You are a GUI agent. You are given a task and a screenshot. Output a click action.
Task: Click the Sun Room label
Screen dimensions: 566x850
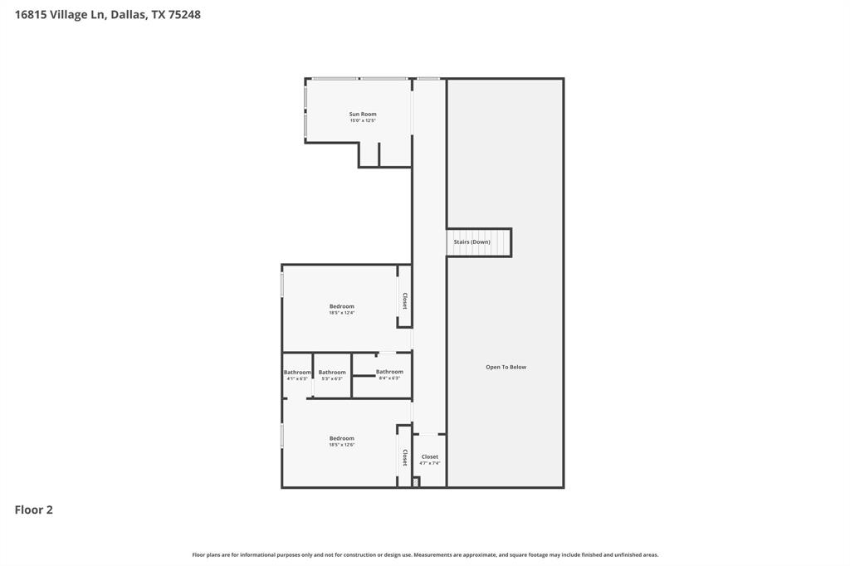[363, 114]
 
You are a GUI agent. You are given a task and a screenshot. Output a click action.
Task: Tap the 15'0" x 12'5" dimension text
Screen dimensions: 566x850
[363, 121]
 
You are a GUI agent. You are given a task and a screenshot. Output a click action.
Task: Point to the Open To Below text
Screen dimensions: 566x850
[506, 367]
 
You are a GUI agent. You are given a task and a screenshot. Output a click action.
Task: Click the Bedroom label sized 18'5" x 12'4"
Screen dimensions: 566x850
[341, 306]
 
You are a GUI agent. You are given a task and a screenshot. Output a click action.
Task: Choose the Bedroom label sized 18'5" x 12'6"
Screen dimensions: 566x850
[341, 438]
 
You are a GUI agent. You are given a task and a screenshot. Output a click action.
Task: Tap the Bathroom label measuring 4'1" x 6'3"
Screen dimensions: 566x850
[297, 373]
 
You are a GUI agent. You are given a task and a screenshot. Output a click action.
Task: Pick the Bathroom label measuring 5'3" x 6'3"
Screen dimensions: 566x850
[332, 373]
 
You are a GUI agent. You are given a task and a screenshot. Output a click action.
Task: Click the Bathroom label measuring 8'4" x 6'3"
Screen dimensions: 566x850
[389, 372]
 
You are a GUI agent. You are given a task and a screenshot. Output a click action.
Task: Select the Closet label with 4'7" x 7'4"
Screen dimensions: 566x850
[429, 456]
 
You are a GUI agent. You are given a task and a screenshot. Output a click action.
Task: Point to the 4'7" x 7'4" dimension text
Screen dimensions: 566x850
[429, 464]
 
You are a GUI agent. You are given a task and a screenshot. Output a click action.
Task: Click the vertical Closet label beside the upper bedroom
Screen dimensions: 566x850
[404, 300]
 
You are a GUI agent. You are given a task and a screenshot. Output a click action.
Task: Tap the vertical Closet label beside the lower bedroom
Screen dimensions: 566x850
[404, 457]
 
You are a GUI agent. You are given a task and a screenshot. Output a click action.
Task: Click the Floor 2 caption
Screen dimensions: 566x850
[34, 510]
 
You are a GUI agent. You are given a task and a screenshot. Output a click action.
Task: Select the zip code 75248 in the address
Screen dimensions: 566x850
[184, 14]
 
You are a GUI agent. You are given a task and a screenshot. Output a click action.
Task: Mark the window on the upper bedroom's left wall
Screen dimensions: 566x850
[282, 285]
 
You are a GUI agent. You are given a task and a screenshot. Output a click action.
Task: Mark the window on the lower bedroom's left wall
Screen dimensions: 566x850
[282, 436]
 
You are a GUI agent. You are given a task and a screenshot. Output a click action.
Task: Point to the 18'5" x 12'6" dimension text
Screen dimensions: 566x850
[341, 446]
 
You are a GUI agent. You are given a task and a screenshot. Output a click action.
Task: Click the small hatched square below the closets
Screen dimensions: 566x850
[416, 481]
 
